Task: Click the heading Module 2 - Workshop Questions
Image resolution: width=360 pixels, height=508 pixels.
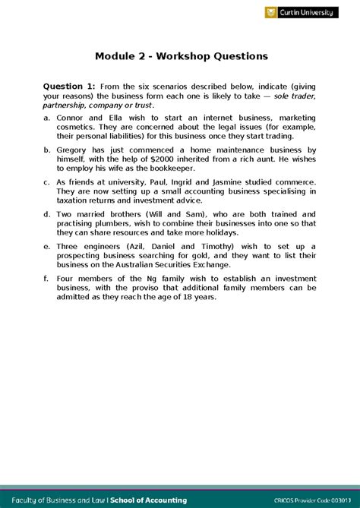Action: [x=181, y=56]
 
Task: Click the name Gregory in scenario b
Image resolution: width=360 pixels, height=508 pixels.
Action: [x=78, y=150]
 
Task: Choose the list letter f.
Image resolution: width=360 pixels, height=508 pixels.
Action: [x=48, y=279]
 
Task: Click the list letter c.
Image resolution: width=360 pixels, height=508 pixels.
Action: [x=48, y=182]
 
